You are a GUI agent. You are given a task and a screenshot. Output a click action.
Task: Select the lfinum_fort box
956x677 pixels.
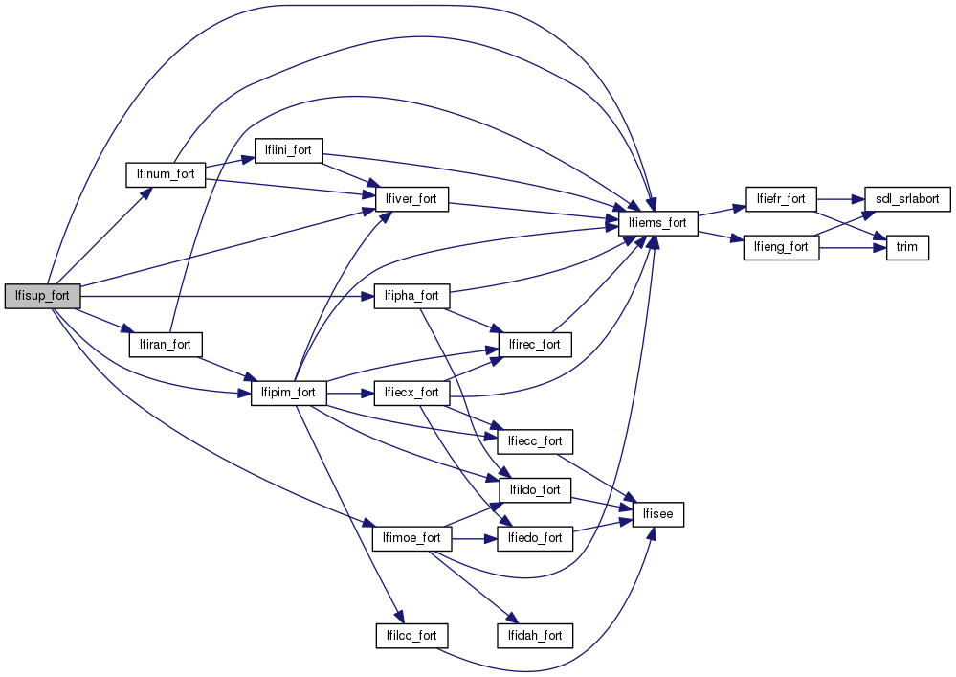[167, 175]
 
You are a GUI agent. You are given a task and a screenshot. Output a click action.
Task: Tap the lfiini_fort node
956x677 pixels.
[288, 150]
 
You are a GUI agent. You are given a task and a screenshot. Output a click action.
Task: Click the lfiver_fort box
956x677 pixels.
[411, 199]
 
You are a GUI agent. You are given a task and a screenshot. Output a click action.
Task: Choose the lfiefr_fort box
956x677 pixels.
[780, 199]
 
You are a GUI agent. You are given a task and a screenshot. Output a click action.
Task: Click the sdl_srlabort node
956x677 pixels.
[906, 199]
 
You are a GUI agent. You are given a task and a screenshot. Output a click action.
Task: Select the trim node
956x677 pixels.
[906, 247]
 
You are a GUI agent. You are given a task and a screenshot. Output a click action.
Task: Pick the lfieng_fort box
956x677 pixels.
[781, 247]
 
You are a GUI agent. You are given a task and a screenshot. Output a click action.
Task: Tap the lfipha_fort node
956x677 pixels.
[411, 296]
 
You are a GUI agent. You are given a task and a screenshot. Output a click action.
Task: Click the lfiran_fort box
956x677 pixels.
[166, 344]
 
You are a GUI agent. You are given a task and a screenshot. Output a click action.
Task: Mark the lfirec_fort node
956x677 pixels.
[535, 344]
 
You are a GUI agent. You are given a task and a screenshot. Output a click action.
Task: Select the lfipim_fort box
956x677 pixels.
[288, 393]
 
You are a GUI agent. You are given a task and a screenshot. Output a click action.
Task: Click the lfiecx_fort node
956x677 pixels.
[411, 393]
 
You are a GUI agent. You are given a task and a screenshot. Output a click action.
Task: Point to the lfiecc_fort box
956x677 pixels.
[535, 441]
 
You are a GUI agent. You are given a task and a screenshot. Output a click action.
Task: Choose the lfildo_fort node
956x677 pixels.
[535, 490]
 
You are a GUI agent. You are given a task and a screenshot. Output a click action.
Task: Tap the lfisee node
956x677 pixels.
[658, 514]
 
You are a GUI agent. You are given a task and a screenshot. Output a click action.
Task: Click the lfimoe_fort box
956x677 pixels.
[411, 538]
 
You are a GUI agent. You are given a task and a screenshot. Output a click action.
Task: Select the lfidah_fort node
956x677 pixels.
[534, 635]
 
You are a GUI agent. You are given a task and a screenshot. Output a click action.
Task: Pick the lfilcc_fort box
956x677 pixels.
[411, 635]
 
